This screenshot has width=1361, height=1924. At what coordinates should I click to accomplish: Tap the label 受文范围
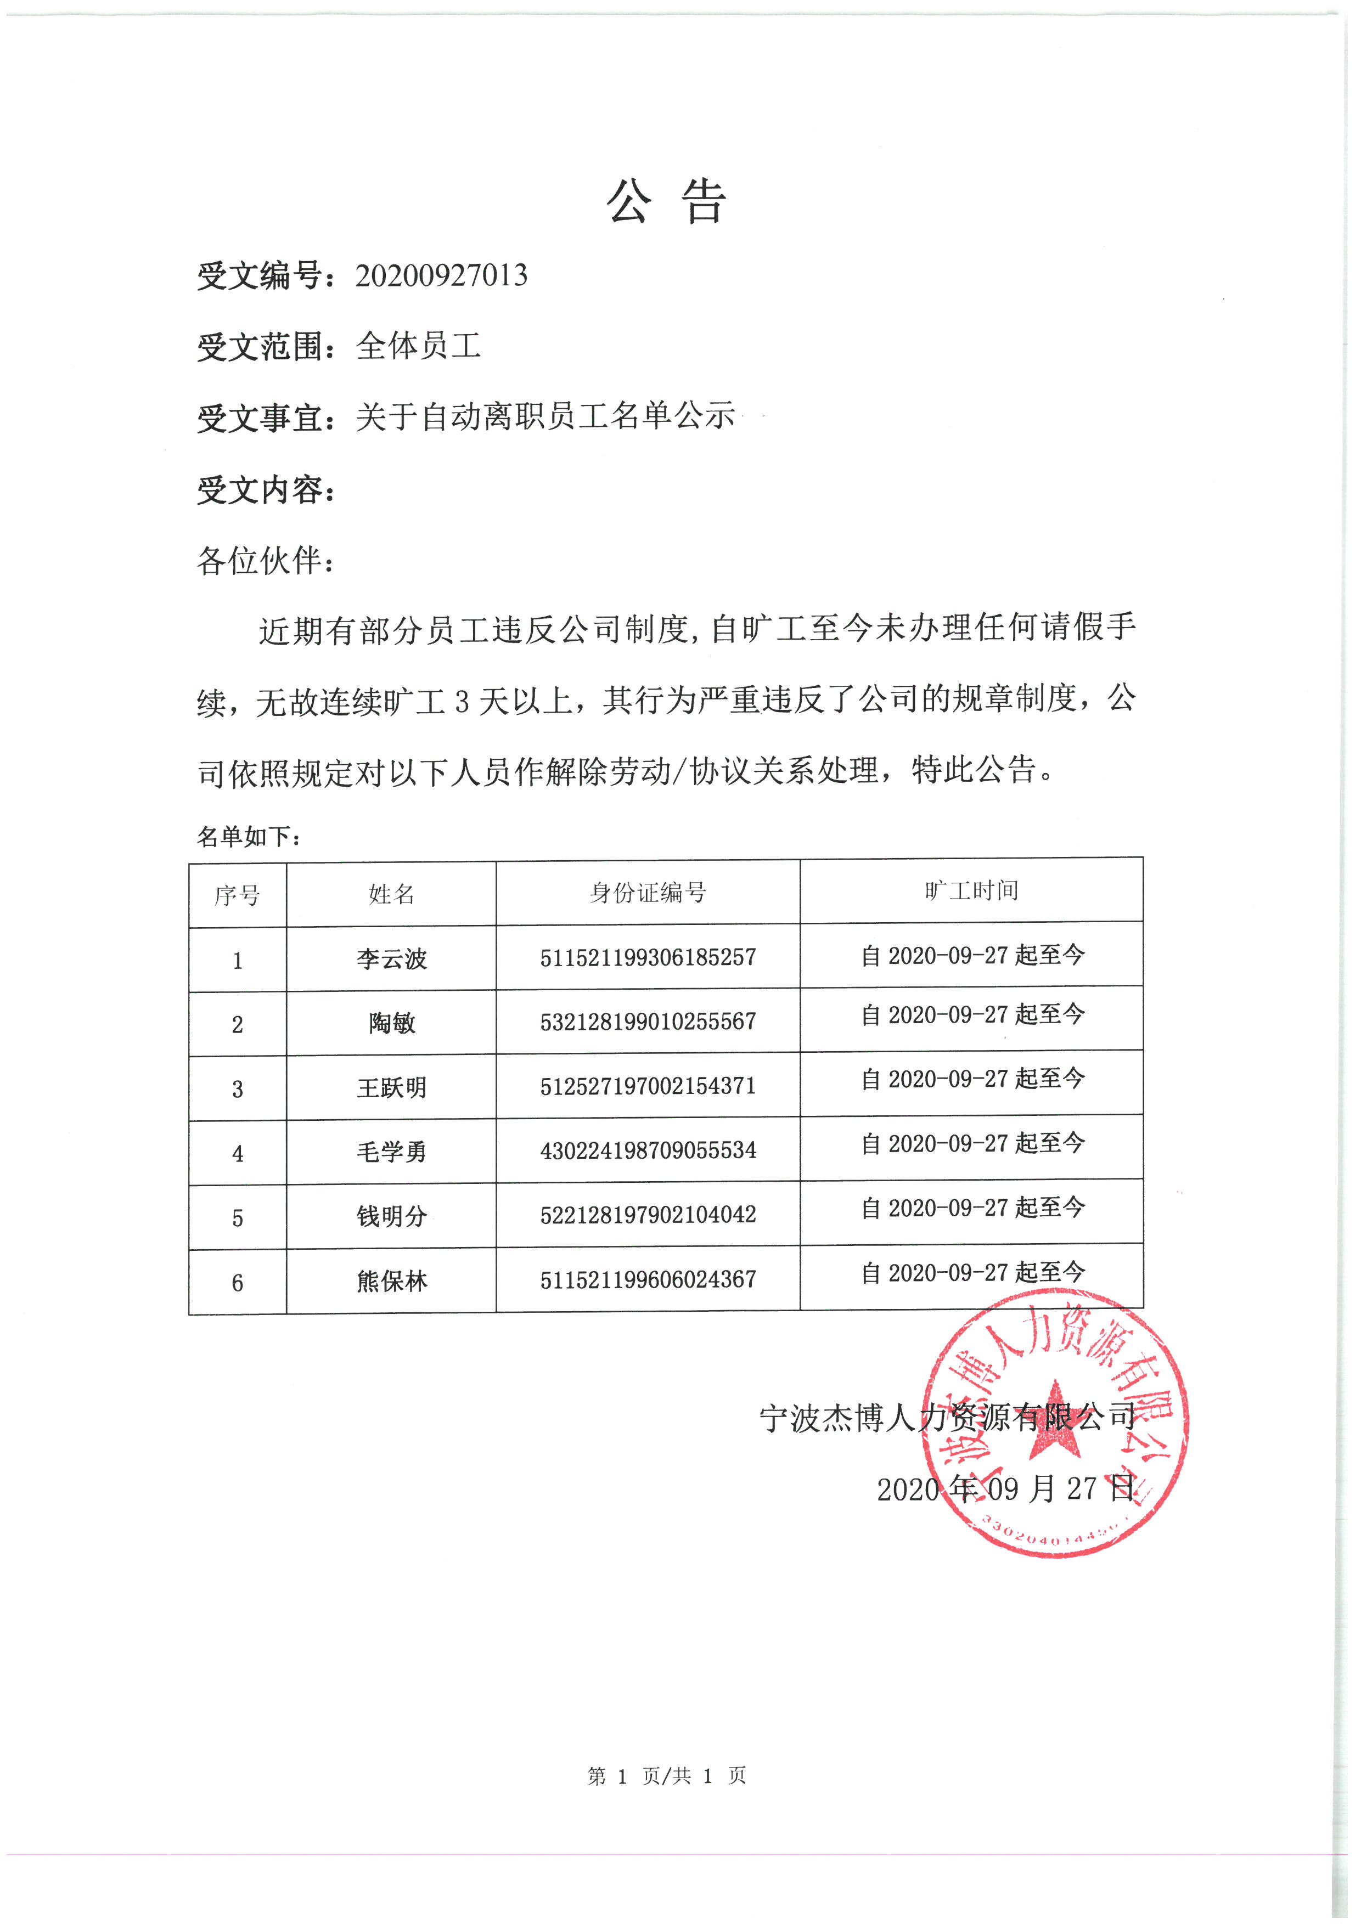(260, 346)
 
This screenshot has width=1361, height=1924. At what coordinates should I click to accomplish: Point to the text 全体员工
(418, 345)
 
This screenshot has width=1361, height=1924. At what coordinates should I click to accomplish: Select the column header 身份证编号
(648, 893)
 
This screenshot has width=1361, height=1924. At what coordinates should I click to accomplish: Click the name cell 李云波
(391, 958)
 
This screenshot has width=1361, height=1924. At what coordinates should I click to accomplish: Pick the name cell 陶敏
(391, 1022)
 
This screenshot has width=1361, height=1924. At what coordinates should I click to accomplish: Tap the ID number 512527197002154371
(648, 1086)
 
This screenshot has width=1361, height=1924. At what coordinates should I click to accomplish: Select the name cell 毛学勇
(391, 1152)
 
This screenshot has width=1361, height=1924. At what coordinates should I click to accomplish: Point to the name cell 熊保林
(391, 1280)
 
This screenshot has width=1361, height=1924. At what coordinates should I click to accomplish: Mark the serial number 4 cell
(238, 1154)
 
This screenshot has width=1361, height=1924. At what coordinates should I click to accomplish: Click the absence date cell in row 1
(972, 955)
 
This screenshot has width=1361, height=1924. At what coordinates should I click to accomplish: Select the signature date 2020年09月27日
(1006, 1489)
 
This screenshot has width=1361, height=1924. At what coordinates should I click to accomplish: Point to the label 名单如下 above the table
(248, 836)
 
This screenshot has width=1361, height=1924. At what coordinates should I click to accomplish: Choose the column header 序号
(238, 895)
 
